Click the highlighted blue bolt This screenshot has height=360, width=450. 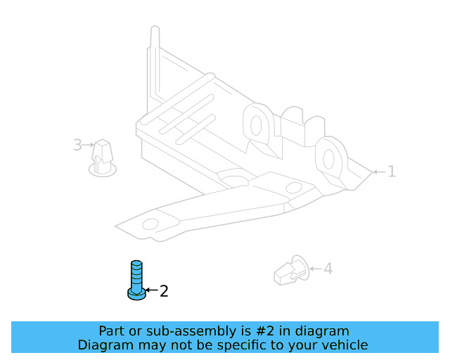136,280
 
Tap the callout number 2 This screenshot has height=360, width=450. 164,291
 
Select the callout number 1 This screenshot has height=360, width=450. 392,172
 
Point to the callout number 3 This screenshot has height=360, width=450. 77,145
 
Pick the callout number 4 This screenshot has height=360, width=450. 328,269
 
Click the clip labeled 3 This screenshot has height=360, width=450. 103,158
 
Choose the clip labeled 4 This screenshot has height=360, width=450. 292,271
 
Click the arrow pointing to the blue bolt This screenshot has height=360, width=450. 152,290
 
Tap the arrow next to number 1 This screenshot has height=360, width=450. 379,172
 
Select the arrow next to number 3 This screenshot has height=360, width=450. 88,145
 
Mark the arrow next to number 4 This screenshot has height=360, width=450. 316,269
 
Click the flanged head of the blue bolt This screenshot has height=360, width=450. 136,295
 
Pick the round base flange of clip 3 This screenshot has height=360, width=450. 103,171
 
